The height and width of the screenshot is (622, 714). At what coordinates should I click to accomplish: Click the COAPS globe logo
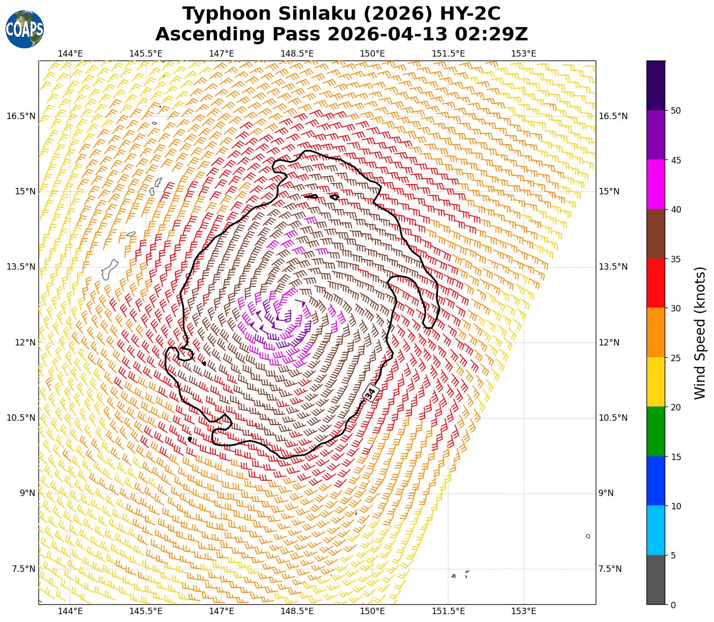click(25, 29)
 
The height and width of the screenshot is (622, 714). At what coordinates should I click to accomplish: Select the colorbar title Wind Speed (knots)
click(699, 333)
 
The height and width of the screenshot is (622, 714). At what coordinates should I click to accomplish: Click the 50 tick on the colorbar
click(676, 110)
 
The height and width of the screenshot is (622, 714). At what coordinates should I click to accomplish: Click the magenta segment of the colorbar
click(655, 184)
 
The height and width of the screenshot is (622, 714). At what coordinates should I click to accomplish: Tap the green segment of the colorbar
click(655, 431)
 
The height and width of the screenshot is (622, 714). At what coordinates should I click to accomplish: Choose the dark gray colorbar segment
click(655, 580)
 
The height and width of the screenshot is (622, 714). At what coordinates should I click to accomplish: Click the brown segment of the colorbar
click(655, 234)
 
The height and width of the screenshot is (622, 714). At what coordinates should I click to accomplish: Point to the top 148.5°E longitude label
click(297, 53)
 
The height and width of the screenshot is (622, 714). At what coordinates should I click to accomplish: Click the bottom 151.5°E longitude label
click(448, 611)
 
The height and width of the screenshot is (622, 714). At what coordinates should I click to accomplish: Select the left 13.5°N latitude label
click(21, 267)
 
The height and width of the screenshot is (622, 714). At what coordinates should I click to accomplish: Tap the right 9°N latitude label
click(606, 493)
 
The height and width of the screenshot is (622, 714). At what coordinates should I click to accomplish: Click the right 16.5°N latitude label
click(613, 116)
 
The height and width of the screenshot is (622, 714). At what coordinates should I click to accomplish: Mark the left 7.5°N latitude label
click(21, 569)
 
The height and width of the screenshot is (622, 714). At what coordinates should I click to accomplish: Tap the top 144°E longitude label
click(70, 53)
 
